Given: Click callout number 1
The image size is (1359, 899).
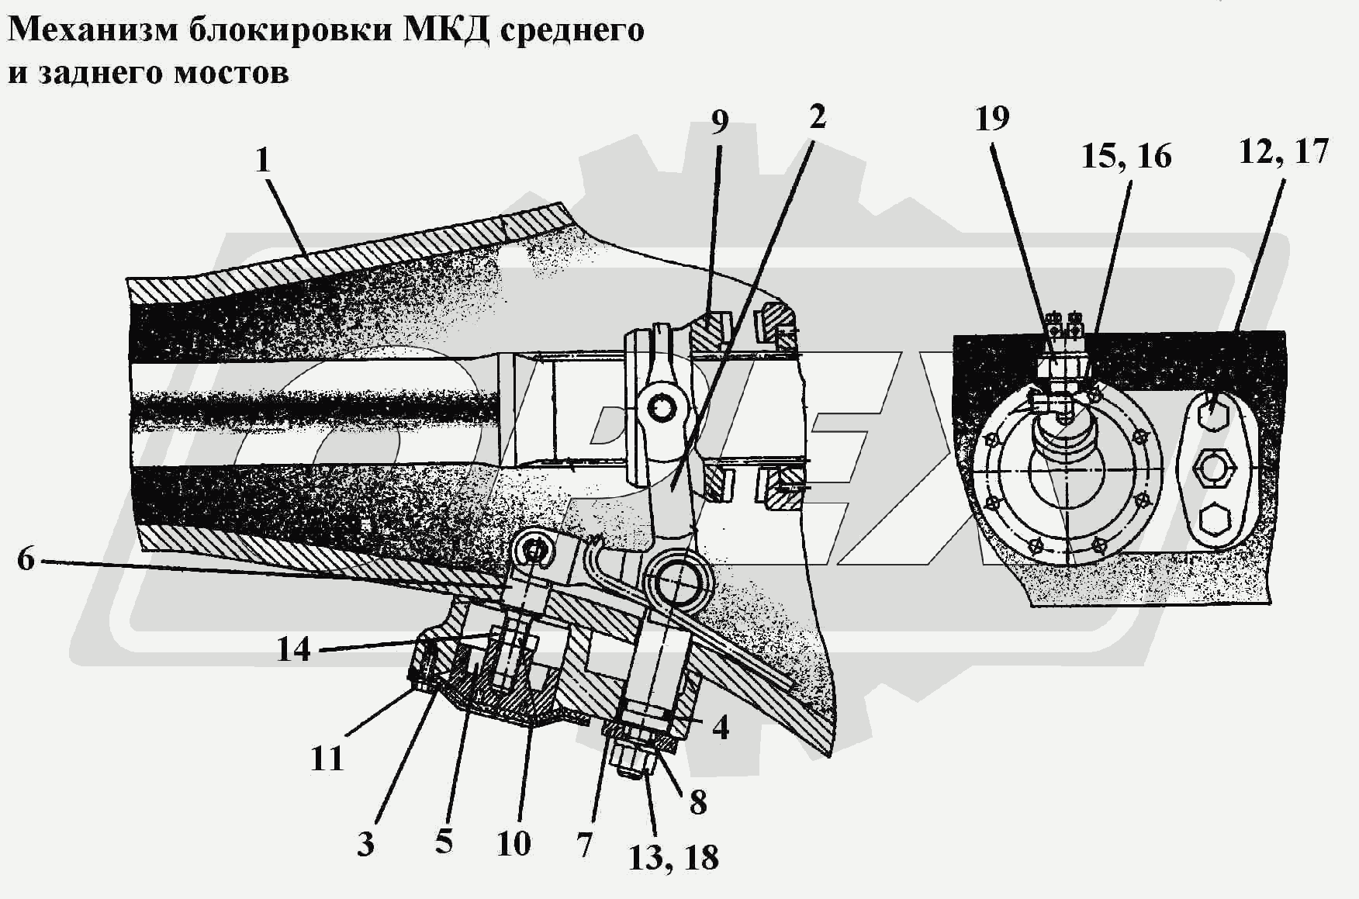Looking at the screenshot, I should point(263,161).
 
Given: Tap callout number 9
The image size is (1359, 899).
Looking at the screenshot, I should point(720,122).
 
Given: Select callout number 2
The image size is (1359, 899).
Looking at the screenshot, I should point(817,117).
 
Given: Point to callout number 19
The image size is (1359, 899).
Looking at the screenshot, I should point(992,119).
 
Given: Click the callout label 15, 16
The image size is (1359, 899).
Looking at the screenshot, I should point(1126,156).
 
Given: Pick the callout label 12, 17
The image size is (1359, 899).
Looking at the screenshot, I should point(1284,151).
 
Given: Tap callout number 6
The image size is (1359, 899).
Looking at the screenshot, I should point(26,558).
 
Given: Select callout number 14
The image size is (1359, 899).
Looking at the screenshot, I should point(294,649).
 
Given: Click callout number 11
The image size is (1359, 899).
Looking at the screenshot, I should point(327,759).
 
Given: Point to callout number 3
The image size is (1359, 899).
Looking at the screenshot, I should point(365,843).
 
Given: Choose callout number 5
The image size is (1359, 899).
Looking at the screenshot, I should point(444,841).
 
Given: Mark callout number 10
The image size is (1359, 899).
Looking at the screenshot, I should point(514,843).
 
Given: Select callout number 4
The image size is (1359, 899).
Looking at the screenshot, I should point(721,728).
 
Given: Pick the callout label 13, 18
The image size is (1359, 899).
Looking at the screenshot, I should point(673,858).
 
